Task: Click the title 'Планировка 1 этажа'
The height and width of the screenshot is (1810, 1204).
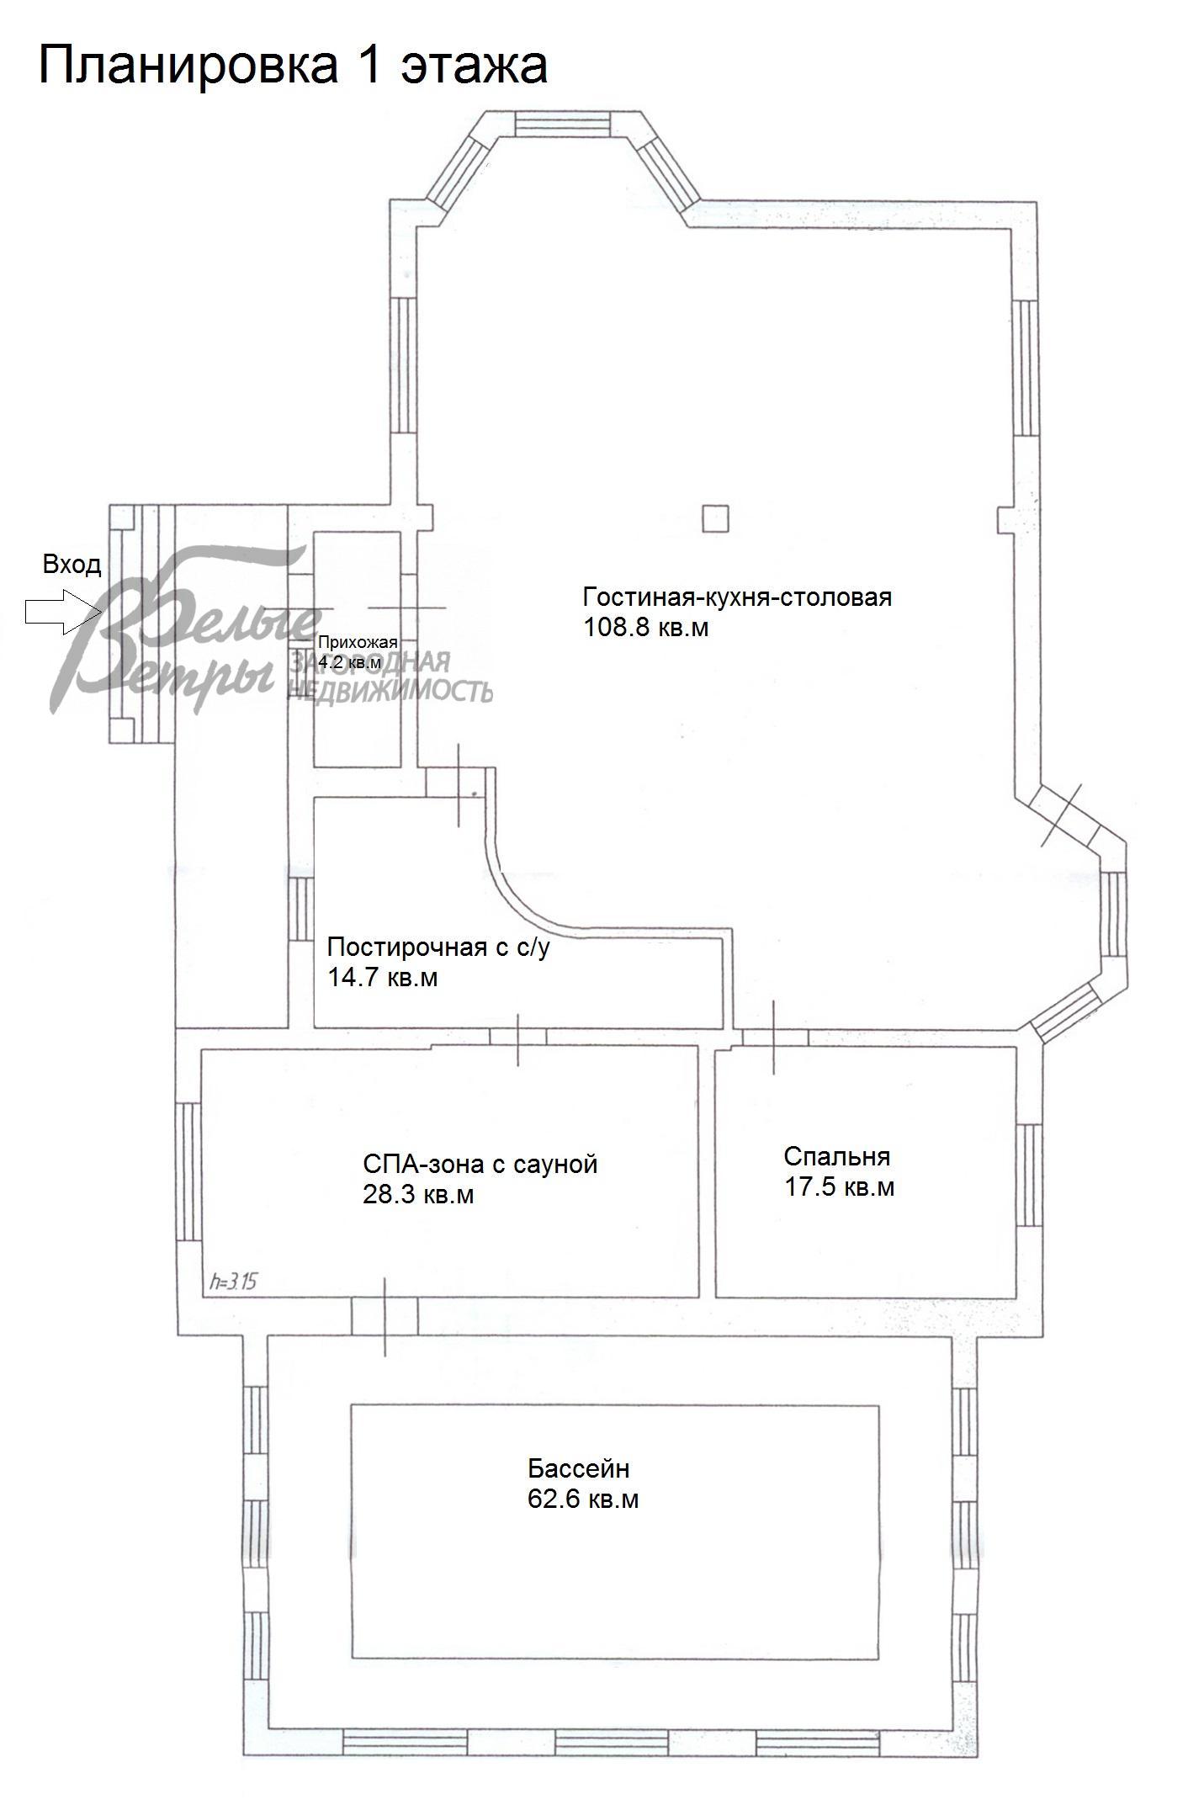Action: click(x=293, y=65)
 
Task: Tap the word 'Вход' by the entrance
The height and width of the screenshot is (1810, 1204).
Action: click(x=72, y=564)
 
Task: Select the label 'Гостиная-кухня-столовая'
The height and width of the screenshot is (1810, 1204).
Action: click(x=737, y=598)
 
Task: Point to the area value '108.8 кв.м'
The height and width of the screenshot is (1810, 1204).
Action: click(x=646, y=628)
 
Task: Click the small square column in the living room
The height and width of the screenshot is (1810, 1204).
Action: click(x=715, y=518)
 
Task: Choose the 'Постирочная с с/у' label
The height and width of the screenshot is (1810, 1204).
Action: click(x=438, y=947)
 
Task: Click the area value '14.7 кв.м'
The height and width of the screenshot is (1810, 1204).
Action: click(x=382, y=978)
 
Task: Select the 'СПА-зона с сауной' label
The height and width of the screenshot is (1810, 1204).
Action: click(x=480, y=1164)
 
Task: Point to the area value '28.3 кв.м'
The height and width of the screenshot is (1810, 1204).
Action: click(x=418, y=1194)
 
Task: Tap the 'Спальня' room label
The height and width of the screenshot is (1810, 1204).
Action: click(x=836, y=1156)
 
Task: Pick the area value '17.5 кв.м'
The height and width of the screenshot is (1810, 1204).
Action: click(x=839, y=1186)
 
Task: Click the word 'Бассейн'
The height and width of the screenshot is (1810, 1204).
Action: click(x=579, y=1469)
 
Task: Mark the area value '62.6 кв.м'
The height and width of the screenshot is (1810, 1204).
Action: click(x=583, y=1499)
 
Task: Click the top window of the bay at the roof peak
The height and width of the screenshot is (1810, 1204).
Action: click(x=561, y=125)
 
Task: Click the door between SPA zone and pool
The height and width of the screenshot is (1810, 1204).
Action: click(x=385, y=1315)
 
